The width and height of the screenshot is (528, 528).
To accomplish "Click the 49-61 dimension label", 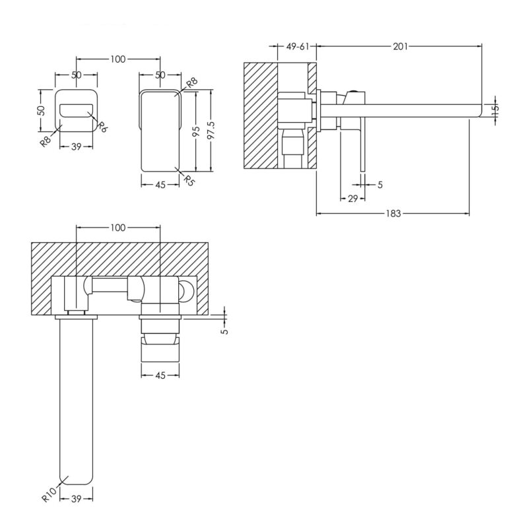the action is [298, 46].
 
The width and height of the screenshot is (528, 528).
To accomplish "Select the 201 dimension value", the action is [400, 46].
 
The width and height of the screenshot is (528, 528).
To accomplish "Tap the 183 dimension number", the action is [393, 213].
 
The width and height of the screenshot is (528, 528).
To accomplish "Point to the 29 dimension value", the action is [352, 199].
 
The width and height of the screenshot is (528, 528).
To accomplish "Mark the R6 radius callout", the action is [102, 127].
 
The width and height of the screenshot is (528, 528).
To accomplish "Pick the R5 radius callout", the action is [189, 180].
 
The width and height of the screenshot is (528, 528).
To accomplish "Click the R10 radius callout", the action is [49, 494].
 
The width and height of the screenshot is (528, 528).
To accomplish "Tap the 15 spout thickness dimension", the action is [495, 110].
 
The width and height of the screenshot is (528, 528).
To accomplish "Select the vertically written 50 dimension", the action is [41, 110].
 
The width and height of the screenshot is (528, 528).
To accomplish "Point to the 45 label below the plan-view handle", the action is [160, 375].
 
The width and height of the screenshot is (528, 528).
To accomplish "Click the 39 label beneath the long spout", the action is [77, 498].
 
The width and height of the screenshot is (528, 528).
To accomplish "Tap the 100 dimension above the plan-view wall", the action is [117, 228].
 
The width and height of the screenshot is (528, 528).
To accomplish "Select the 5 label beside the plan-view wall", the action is [225, 331].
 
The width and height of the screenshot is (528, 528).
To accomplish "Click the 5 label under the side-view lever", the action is [380, 185].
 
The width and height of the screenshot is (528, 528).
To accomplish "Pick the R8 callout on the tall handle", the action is [192, 83].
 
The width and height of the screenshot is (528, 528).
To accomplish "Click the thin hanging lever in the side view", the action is [362, 145].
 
